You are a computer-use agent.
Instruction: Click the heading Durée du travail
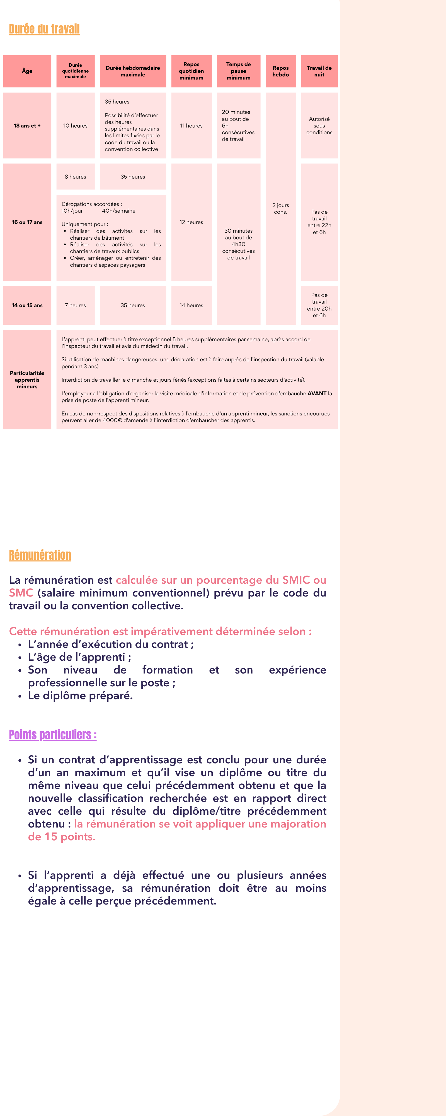(44, 29)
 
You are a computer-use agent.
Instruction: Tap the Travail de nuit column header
(319, 71)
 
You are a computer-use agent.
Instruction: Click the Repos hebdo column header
(281, 71)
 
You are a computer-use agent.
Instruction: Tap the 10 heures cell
(75, 126)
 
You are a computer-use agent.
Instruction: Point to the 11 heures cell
(192, 126)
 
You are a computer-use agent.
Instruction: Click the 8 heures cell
(75, 177)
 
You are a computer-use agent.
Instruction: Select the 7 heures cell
(75, 306)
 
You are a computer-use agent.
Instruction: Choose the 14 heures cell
(192, 306)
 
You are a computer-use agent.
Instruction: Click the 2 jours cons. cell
(281, 208)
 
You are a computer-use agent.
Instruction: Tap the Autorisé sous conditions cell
(319, 126)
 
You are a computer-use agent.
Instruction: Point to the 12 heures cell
(192, 222)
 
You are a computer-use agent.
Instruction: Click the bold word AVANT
(317, 393)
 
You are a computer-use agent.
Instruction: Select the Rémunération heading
(40, 555)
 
